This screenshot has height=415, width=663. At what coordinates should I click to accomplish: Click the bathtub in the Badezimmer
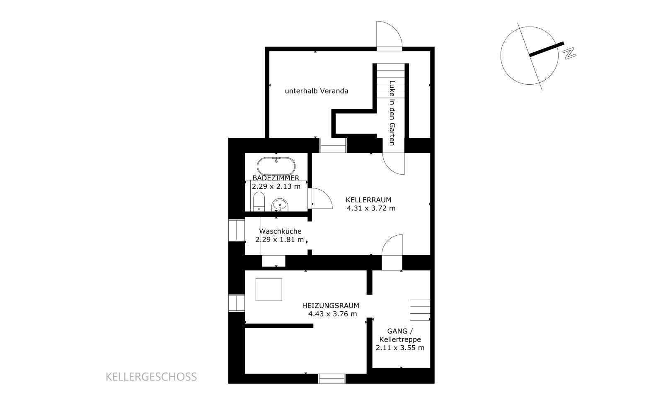[x=276, y=166]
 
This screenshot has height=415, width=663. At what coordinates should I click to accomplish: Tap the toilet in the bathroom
[x=259, y=202]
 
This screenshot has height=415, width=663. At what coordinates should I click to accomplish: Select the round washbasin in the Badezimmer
[x=280, y=205]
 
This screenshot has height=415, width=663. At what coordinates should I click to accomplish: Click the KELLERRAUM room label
[x=368, y=200]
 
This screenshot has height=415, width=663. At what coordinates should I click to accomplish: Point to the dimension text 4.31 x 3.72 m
[x=371, y=208]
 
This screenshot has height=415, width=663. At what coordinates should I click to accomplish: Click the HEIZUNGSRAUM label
[x=331, y=305]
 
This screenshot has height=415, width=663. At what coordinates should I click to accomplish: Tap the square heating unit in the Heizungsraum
[x=269, y=290]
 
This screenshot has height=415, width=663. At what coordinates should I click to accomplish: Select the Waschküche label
[x=280, y=231]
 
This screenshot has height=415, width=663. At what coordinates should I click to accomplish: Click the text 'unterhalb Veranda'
[x=317, y=91]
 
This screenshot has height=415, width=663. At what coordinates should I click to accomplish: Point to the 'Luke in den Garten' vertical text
[x=392, y=113]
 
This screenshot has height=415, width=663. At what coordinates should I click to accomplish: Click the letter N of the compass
[x=569, y=54]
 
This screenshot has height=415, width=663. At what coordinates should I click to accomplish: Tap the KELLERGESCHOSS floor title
[x=151, y=377]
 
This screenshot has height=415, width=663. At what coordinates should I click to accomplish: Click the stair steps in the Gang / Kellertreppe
[x=420, y=310]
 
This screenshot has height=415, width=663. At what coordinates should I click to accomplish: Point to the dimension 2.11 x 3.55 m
[x=400, y=348]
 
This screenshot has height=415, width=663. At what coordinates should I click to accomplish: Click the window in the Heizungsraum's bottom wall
[x=332, y=379]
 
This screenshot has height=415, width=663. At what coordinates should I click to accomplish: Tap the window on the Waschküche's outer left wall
[x=237, y=230]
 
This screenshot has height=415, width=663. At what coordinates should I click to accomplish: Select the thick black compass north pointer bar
[x=547, y=49]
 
